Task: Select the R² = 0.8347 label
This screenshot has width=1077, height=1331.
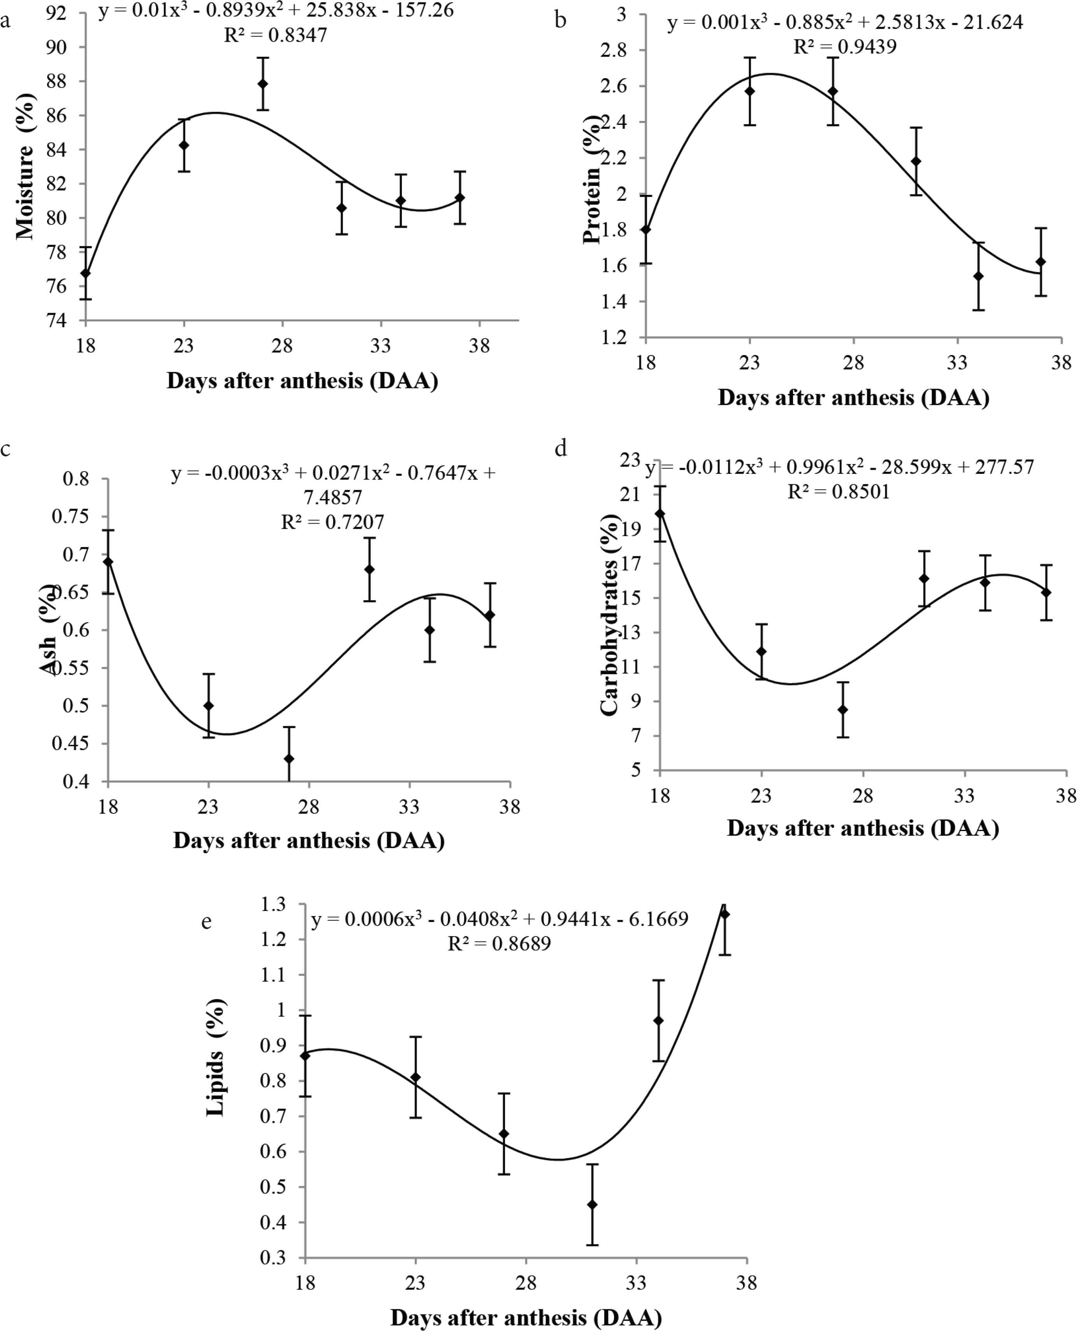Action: point(275,35)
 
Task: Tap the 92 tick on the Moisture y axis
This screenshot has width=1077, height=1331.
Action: point(56,13)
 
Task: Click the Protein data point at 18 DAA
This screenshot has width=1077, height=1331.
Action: point(646,230)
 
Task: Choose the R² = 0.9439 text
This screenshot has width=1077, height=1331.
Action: point(845,47)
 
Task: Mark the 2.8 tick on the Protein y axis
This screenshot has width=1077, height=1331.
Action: point(614,50)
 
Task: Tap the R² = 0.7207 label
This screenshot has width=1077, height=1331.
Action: point(333,522)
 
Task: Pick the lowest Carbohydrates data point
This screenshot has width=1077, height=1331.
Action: point(842,710)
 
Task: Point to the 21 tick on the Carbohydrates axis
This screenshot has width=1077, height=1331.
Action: point(630,495)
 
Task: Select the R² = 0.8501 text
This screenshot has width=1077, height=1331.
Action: point(839,492)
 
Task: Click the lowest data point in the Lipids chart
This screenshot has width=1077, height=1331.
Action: point(593,1204)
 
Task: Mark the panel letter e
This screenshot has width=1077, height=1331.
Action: point(207,922)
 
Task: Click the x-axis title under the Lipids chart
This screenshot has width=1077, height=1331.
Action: point(526,1317)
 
